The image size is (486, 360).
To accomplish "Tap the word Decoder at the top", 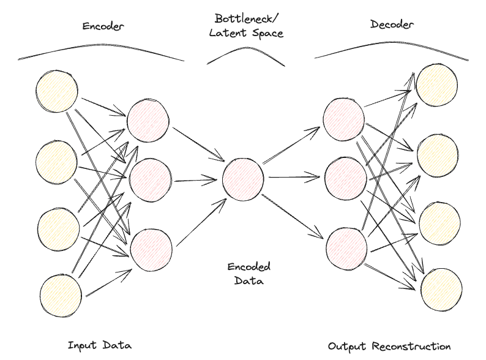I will [392, 24].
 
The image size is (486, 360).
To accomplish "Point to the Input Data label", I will [99, 345].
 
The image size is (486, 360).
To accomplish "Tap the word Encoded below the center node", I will [249, 268].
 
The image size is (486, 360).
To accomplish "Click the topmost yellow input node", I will [57, 92].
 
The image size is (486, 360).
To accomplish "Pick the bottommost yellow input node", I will [60, 296].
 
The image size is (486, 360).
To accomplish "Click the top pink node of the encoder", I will [148, 120].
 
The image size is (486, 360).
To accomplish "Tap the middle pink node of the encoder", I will [150, 178].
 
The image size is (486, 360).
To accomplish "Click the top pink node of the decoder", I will [343, 118].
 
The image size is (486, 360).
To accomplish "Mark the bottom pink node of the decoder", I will [345, 247].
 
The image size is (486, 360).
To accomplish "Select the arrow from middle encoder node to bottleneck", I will [196, 180].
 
